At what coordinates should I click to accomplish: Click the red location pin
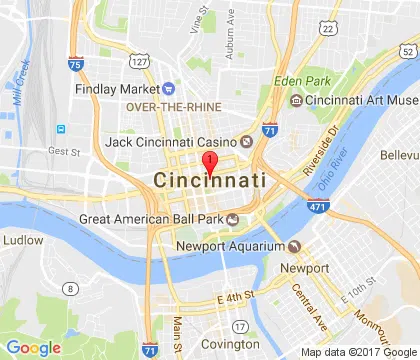[210, 165]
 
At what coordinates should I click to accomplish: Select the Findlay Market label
[117, 88]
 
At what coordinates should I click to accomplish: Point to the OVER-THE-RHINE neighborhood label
[167, 108]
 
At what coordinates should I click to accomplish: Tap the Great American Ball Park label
[156, 219]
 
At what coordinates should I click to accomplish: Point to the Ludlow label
[23, 240]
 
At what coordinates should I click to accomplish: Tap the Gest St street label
[63, 152]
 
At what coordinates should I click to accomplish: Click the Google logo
[33, 348]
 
